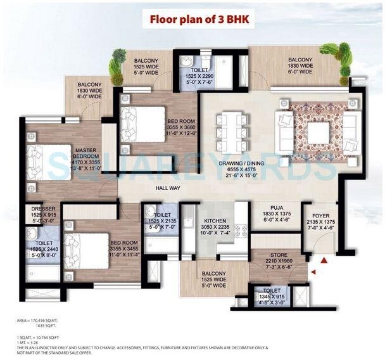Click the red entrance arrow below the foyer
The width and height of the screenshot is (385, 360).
coord(324,260)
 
